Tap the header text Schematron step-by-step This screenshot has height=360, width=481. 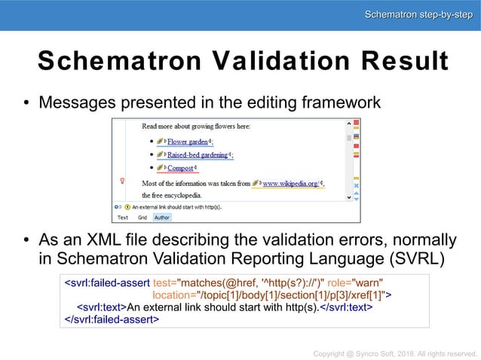point(418,14)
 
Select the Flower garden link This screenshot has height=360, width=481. point(188,142)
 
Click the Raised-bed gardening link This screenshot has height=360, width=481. point(199,155)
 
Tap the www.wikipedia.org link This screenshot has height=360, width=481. point(290,182)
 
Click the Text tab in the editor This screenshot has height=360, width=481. point(122,218)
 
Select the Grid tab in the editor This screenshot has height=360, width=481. point(142,218)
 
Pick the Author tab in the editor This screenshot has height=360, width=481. point(161,218)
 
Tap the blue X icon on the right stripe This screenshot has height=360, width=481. point(357,185)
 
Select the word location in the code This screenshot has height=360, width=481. point(173,294)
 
